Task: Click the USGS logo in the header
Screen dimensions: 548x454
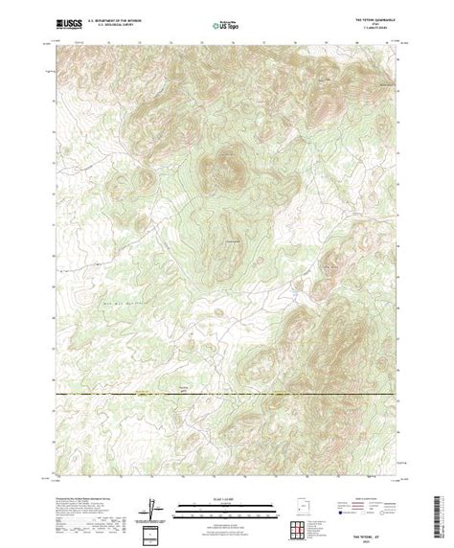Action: (71, 20)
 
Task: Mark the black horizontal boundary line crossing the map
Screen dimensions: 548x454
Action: (227, 395)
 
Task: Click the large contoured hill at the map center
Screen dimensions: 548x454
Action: (220, 172)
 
